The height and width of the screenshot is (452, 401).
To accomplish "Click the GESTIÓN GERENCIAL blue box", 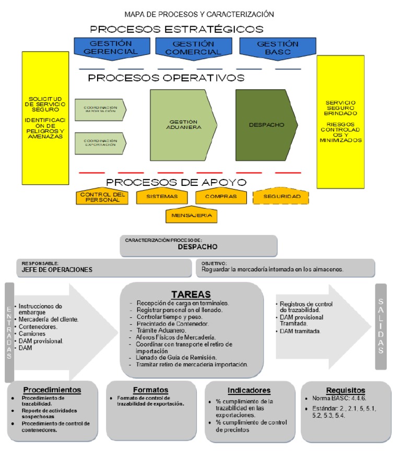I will (x=107, y=47).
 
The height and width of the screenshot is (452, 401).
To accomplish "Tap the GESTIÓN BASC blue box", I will (x=270, y=47).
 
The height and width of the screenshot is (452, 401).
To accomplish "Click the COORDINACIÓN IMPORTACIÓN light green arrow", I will (x=100, y=110).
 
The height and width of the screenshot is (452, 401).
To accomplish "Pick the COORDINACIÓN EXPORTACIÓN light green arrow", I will (x=100, y=143).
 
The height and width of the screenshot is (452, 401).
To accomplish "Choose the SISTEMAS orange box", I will (x=162, y=197).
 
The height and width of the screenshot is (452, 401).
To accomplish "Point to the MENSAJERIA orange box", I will (x=191, y=215).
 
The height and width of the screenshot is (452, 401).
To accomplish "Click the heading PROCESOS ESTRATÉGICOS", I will (x=176, y=29).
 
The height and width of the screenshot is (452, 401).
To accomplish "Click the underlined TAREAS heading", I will (x=191, y=294).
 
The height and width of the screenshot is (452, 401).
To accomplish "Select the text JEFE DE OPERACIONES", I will (x=57, y=270).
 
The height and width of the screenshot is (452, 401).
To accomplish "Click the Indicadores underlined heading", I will (x=249, y=390).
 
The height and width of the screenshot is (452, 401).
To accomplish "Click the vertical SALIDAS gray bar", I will (x=381, y=326).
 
